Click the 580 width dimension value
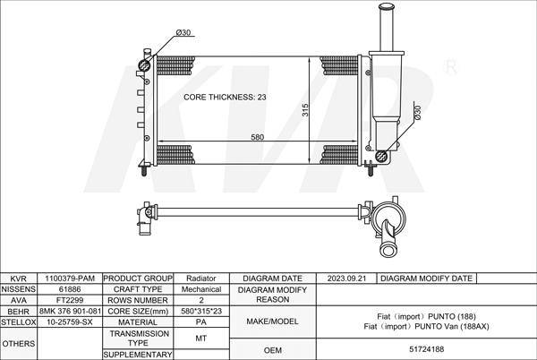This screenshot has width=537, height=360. pos(257,137)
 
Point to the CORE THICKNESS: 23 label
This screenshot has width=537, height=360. pos(225,96)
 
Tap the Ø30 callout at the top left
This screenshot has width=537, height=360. pos(183,33)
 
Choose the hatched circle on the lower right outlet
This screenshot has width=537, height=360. pos(383,156)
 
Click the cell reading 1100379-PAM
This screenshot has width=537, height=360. pos(69,279)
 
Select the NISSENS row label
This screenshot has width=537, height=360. pos(18,289)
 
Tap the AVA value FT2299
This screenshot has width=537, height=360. pos(69,300)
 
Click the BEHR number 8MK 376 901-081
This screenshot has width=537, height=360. pos(69,311)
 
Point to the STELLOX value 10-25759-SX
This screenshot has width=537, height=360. pos(69,321)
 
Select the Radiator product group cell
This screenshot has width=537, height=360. pos(201,279)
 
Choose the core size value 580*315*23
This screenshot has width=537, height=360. pos(201,311)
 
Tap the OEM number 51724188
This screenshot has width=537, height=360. pos(427,350)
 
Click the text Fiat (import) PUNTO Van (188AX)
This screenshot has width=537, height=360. pos(427,326)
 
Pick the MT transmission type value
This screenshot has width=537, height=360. pos(201,338)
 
